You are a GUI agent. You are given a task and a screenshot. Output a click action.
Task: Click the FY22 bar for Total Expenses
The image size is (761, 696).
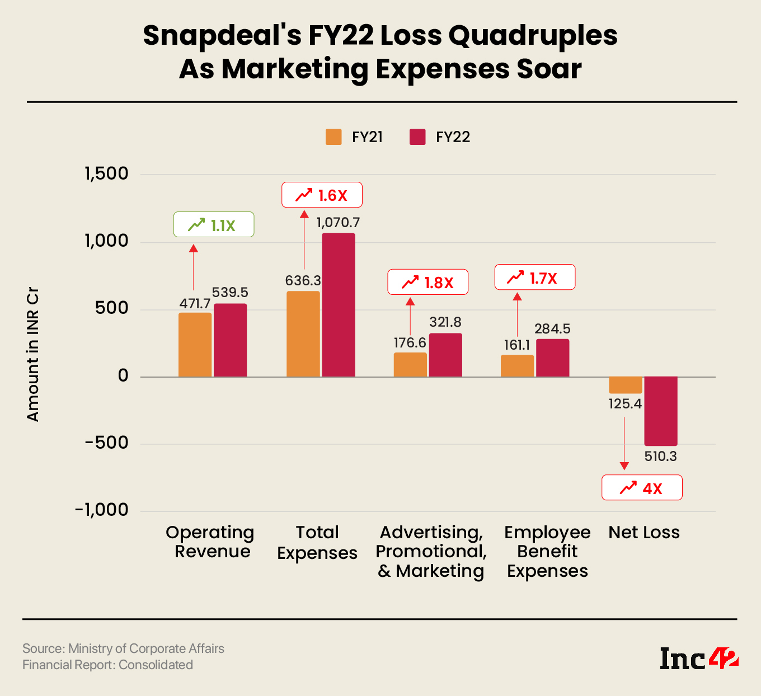(339, 305)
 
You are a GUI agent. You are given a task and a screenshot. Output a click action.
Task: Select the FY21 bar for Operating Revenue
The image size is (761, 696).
(195, 345)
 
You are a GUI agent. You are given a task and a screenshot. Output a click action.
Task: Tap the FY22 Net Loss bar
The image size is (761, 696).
(661, 411)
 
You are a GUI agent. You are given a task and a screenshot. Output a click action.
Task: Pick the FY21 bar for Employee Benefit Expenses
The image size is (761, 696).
(517, 366)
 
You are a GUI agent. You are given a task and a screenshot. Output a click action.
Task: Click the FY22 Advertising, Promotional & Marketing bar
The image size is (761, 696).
(445, 355)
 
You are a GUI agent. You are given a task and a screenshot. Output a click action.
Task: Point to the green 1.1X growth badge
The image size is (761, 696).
(214, 225)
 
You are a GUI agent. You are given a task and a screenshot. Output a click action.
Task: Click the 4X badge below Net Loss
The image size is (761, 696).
(642, 488)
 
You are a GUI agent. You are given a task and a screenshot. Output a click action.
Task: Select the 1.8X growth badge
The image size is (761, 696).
(428, 283)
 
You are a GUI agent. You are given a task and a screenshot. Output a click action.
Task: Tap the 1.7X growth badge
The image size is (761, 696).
(535, 278)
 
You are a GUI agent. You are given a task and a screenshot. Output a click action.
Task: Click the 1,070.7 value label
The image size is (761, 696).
(339, 223)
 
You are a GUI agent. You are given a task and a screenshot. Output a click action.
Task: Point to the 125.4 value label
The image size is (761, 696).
(625, 404)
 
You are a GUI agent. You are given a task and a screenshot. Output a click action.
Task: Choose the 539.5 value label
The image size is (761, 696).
(230, 293)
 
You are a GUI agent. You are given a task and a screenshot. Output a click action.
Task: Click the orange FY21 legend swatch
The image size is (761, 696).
(333, 137)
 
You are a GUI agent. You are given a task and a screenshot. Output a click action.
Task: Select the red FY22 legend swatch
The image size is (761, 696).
(417, 137)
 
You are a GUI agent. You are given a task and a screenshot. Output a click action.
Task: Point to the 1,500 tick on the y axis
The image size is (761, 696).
(107, 174)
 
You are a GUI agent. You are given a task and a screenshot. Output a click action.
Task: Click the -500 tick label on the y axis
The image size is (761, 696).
(107, 443)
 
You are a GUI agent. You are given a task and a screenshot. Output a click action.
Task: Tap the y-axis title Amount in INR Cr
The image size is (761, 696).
(33, 355)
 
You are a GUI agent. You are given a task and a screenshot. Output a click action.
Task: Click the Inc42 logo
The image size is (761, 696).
(699, 659)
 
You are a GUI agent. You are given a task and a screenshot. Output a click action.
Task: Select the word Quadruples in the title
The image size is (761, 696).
(533, 36)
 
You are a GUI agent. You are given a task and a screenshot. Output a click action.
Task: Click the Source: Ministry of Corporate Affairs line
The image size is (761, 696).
(123, 648)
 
